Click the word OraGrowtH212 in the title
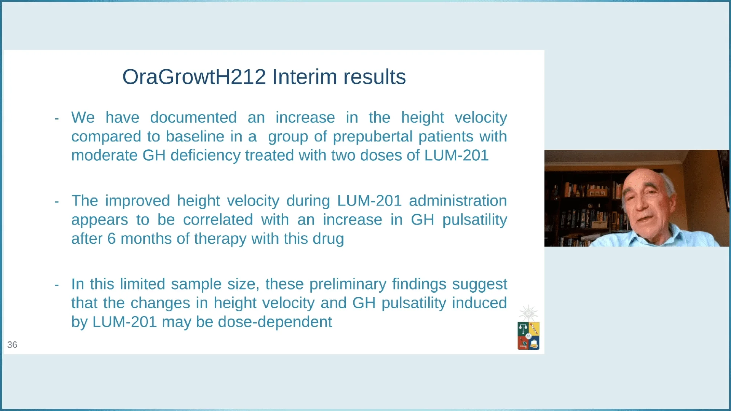[x=194, y=77]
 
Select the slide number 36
[x=12, y=345]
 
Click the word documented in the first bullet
[x=193, y=118]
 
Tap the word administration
[x=458, y=201]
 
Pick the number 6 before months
[x=111, y=239]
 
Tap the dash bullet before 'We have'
[x=57, y=118]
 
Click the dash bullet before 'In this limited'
[x=57, y=285]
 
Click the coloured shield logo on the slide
[x=528, y=336]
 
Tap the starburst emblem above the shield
[x=528, y=313]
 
